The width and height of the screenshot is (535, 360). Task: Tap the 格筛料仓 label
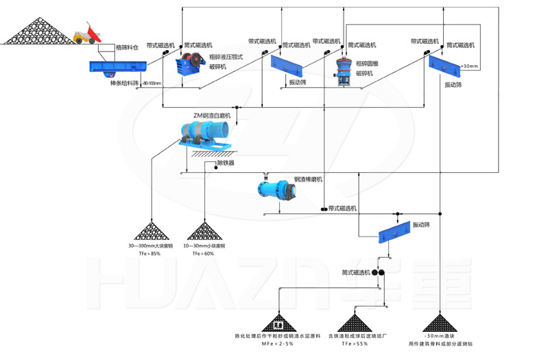(127, 48)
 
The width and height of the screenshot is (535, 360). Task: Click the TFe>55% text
(355, 343)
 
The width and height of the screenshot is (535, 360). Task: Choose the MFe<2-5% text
(278, 343)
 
